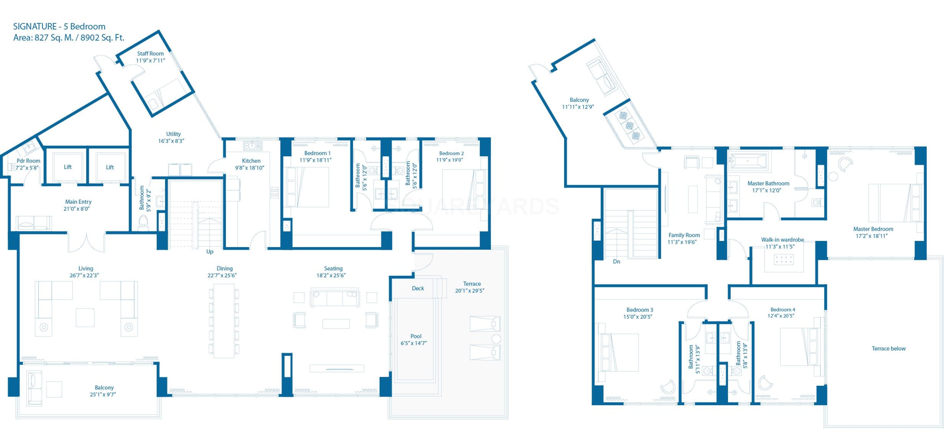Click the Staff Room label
150,54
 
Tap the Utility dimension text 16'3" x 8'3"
171,141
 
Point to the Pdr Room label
28,161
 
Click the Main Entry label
78,202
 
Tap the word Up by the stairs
210,251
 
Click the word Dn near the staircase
616,262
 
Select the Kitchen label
251,161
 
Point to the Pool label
416,336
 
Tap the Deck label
418,288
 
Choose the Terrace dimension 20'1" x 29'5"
470,291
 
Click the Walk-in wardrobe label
782,240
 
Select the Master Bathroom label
768,183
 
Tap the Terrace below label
888,348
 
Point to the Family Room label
684,235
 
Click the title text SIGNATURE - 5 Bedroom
59,26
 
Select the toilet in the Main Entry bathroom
143,223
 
